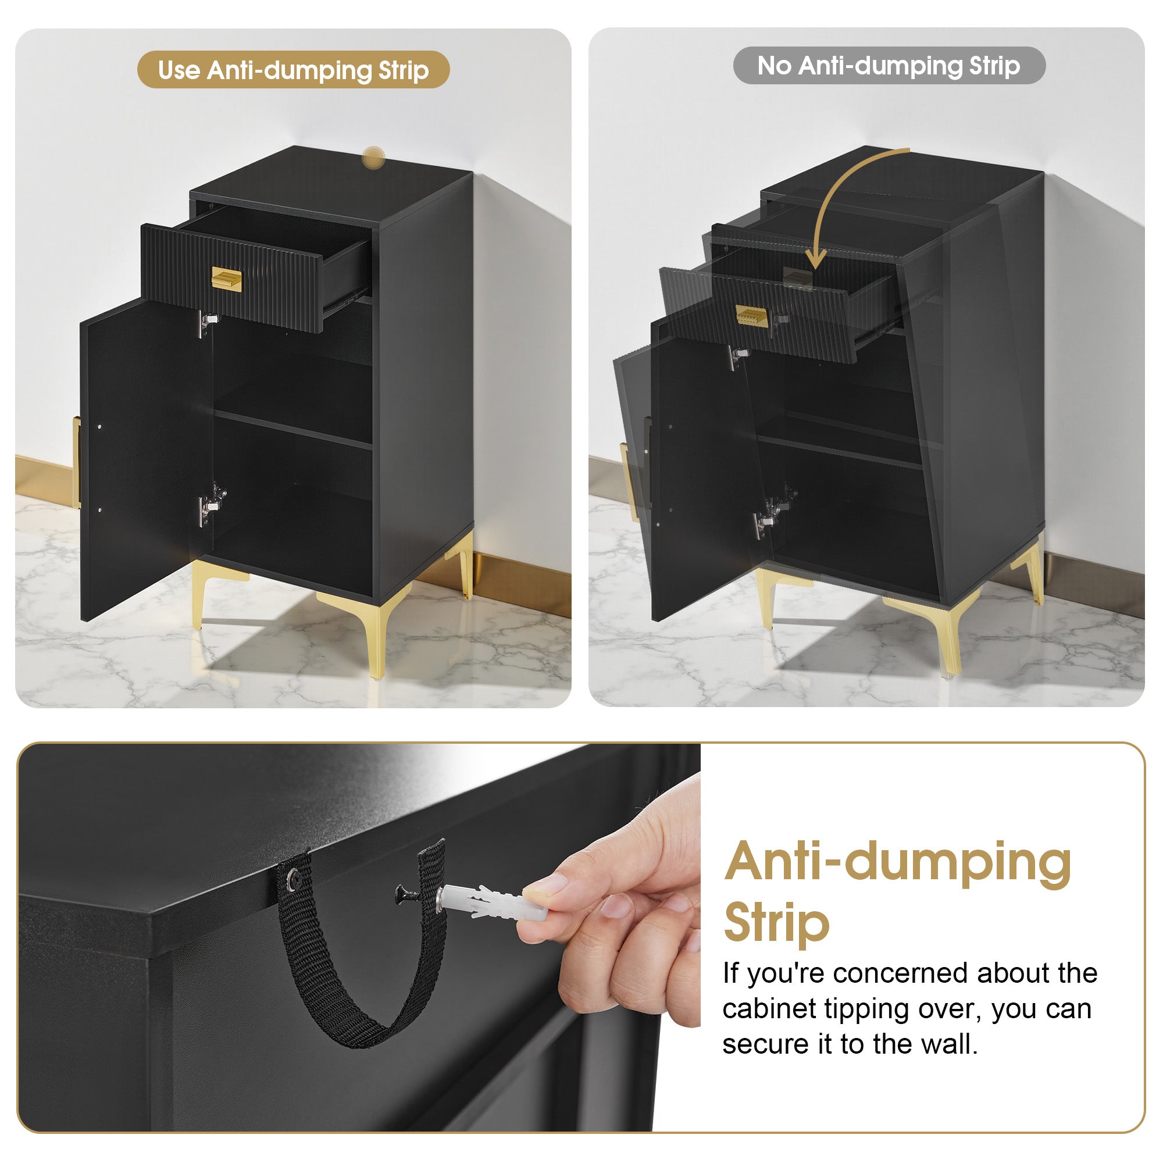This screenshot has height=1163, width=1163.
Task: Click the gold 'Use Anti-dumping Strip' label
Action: pyautogui.click(x=293, y=70)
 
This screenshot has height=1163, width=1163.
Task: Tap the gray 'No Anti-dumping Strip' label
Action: pyautogui.click(x=889, y=66)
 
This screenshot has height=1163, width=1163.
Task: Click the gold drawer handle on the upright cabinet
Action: pyautogui.click(x=226, y=279)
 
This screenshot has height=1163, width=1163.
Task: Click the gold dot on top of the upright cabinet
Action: pyautogui.click(x=373, y=158)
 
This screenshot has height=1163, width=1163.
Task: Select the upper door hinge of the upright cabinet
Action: pyautogui.click(x=206, y=323)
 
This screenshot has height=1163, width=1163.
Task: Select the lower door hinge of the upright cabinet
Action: pyautogui.click(x=209, y=503)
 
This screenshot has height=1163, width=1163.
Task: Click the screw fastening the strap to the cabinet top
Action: pyautogui.click(x=294, y=880)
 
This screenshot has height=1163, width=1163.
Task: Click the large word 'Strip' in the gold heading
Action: pyautogui.click(x=776, y=924)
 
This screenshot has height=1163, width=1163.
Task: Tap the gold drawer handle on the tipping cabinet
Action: pyautogui.click(x=752, y=316)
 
